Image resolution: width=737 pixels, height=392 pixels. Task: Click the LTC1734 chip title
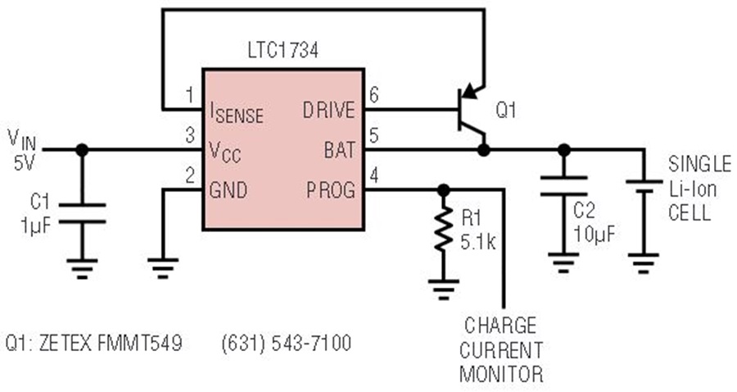point(283,50)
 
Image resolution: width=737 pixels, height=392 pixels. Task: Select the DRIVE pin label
point(328,110)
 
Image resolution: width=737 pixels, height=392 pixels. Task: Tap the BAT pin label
point(339,150)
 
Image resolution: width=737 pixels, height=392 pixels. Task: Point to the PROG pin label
point(331,190)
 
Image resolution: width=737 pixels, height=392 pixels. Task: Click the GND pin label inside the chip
point(228,190)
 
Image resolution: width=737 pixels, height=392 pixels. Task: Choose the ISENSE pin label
point(237,113)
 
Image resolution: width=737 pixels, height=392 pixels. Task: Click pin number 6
point(374,95)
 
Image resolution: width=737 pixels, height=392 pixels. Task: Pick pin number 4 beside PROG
point(374,175)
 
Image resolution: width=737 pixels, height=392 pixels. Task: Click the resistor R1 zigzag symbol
point(443,230)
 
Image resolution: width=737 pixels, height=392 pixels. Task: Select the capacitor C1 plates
point(82,213)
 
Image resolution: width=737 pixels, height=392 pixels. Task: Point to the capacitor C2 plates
point(563,186)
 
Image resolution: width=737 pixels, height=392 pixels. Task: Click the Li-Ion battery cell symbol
point(644,186)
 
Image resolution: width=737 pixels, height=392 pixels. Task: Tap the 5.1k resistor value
point(477,242)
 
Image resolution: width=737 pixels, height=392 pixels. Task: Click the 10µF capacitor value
point(593,235)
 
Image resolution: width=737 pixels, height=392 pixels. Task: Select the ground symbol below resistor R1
point(443,289)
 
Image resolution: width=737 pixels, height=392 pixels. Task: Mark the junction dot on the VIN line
point(82,150)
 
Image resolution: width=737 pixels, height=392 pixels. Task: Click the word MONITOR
point(501,374)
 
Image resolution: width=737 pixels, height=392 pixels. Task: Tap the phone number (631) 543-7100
point(287,343)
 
